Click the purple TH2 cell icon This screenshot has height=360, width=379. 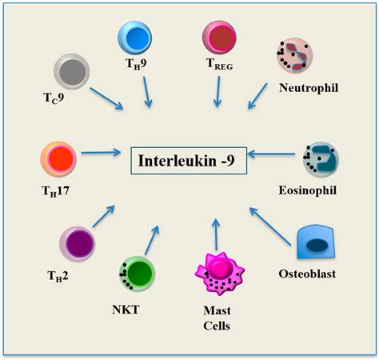point(79,245)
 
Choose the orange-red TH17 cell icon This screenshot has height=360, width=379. point(59,158)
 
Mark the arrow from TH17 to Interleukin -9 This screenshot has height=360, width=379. point(102,152)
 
